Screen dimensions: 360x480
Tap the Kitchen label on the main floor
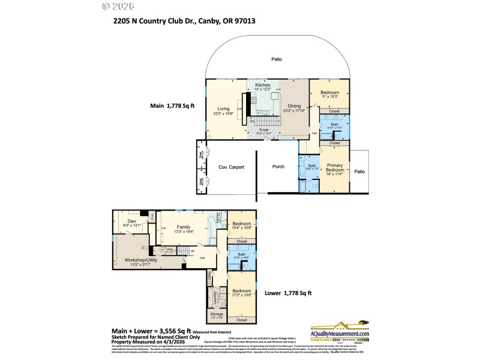263,86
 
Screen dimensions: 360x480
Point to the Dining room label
295,106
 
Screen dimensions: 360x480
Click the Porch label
278,167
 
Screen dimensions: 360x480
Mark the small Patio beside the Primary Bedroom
359,172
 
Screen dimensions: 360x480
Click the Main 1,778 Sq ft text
173,106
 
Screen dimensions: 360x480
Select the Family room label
183,227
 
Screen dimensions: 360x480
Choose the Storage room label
217,314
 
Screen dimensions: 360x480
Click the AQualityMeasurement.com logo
340,334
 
